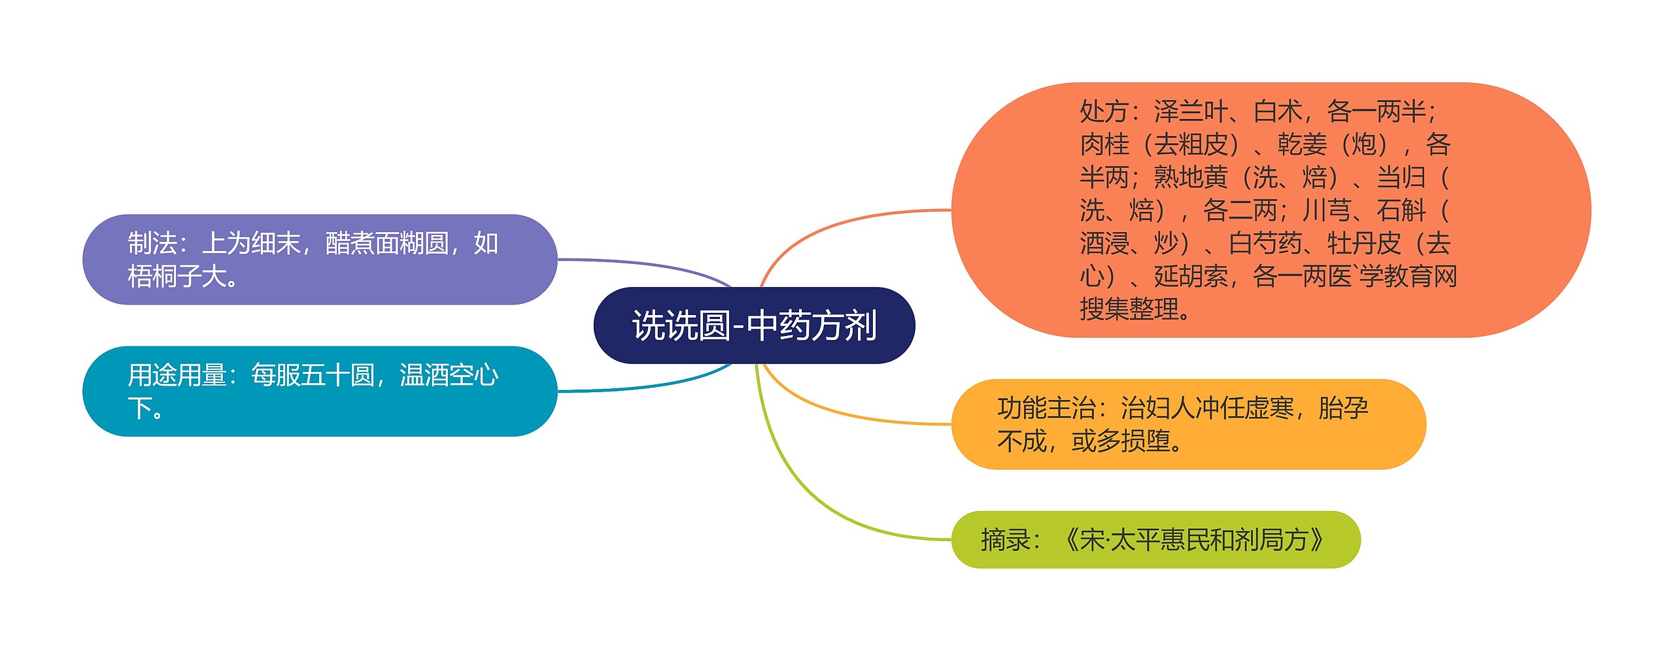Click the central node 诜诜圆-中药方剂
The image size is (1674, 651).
coord(754,325)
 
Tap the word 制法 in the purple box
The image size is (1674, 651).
coord(152,244)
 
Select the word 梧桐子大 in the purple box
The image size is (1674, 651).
coord(177,276)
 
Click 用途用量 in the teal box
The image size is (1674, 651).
coord(177,376)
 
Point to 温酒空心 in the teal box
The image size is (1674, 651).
coord(449,376)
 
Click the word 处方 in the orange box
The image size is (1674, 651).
coord(1104,112)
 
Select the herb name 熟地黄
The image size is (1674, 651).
coord(1191,177)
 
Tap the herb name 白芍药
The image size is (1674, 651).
coord(1265,244)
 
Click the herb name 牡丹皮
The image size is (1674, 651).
coord(1364,244)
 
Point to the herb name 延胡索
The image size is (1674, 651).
coord(1191,276)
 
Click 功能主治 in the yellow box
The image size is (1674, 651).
coord(1046,409)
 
